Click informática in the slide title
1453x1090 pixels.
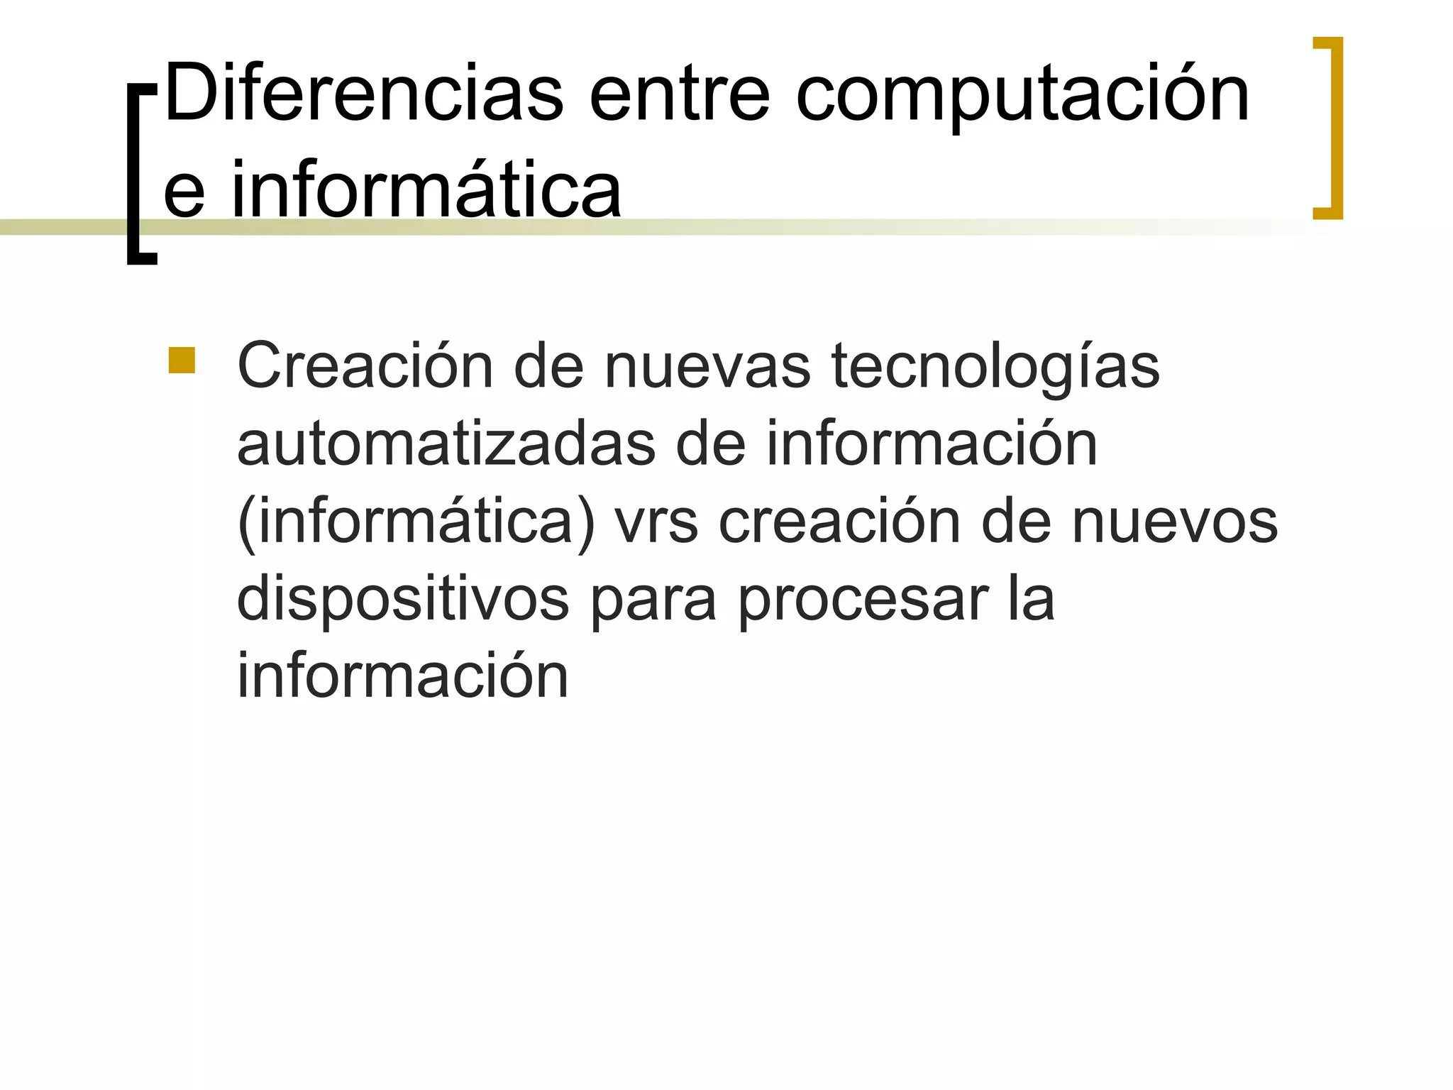426,188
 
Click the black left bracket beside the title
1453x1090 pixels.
140,174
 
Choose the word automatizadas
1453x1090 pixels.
446,444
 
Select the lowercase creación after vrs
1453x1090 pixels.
839,522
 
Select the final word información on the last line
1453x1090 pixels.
402,676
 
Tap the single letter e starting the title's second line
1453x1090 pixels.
184,192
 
